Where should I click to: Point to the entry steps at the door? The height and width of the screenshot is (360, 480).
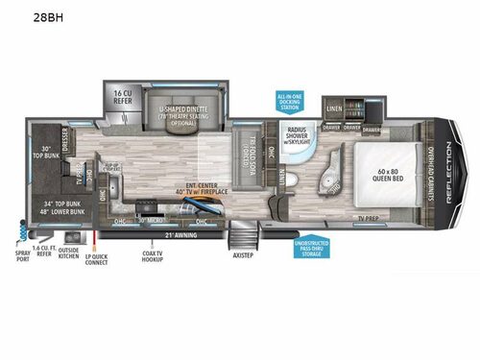(242, 236)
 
